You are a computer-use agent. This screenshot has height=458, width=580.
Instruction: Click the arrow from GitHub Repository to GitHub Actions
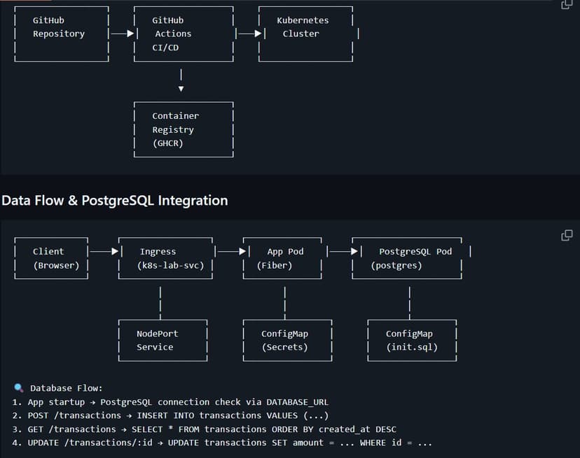121,34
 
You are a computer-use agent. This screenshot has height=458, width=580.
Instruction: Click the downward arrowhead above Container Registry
181,89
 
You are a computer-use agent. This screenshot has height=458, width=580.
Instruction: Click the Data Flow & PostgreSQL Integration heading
114,200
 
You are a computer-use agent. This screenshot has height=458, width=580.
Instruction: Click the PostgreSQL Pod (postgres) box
410,258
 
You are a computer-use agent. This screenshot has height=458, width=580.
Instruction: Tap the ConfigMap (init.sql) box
412,341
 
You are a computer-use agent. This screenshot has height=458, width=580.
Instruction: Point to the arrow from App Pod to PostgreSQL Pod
341,251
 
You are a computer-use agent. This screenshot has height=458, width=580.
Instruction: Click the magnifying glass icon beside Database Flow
18,388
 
